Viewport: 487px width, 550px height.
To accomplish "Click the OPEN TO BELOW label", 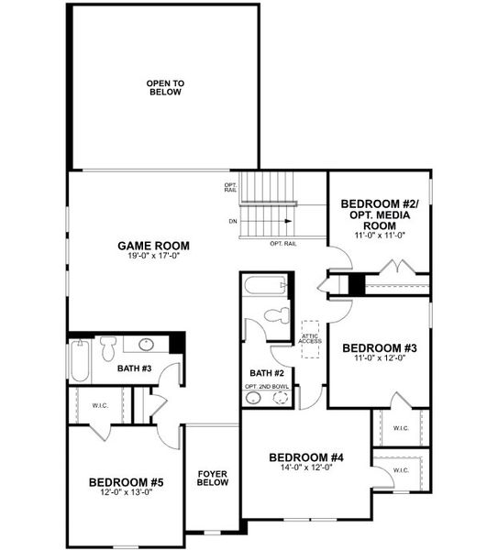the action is tap(165, 88).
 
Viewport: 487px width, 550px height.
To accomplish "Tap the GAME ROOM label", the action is tap(154, 246).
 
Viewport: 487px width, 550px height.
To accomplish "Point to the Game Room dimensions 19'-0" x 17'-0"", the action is tap(154, 256).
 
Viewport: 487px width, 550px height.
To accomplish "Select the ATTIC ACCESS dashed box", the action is tap(311, 339).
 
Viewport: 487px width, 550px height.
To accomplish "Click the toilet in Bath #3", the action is tap(107, 348).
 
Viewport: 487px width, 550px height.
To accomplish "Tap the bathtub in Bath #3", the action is tap(80, 360).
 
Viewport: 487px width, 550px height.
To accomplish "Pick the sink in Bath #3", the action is tap(146, 345).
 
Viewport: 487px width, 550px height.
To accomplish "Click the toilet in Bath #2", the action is tap(277, 315).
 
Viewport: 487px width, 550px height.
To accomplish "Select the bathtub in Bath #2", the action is tap(266, 285).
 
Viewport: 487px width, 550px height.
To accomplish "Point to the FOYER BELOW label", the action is tap(213, 478).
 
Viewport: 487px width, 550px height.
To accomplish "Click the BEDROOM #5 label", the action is tap(127, 482).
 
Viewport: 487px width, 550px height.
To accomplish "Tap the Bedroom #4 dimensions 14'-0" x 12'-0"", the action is tap(306, 467).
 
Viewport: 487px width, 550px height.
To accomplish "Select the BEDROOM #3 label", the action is tap(380, 348).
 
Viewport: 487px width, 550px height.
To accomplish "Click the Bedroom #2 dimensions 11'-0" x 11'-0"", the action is tap(380, 235).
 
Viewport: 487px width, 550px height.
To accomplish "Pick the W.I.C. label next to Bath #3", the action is tap(100, 405).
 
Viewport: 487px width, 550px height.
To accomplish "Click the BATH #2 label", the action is tap(267, 373).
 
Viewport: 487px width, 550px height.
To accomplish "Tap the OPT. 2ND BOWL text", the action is tap(267, 387).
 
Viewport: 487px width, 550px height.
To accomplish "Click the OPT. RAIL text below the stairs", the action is tap(283, 244).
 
